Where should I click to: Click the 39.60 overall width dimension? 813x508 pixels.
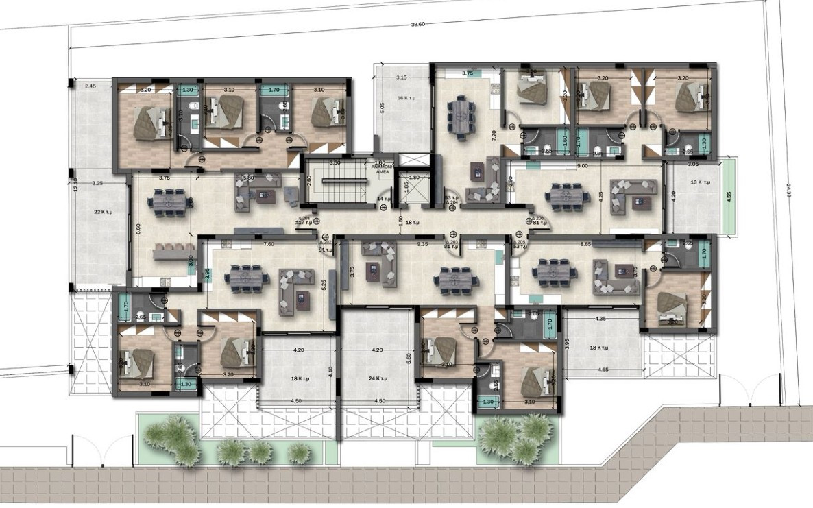click(417, 25)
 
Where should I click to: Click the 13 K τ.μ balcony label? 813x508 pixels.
click(700, 183)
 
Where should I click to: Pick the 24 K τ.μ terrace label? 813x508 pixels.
click(378, 378)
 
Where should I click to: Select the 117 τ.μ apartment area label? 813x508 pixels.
click(304, 223)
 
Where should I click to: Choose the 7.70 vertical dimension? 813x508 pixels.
click(493, 136)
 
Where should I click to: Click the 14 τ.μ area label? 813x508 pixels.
click(384, 199)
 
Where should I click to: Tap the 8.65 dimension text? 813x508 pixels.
click(585, 244)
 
